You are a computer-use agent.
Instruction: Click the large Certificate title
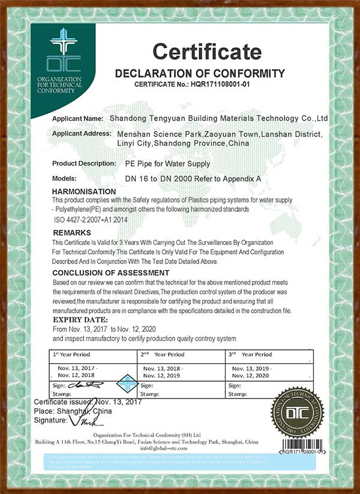207,53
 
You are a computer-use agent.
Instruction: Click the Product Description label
84,163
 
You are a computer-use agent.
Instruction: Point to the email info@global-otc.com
180,448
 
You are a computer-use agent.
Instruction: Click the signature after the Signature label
80,422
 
